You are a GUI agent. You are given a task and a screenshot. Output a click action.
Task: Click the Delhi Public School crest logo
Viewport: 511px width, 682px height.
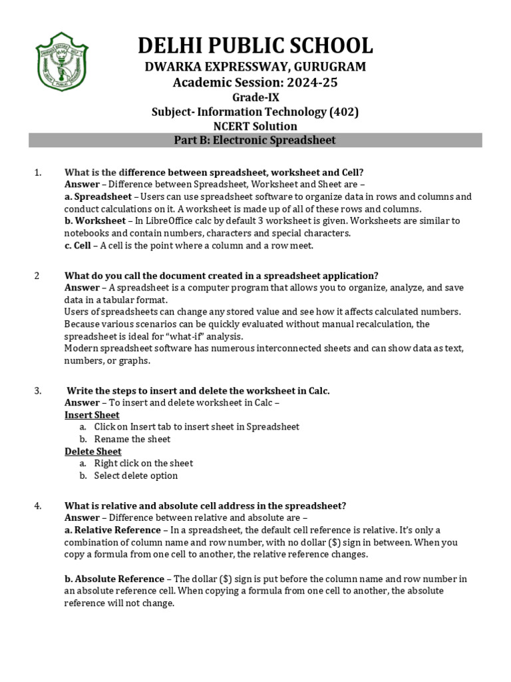(x=61, y=63)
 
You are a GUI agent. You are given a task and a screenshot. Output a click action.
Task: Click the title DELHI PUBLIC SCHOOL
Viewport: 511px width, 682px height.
(x=255, y=45)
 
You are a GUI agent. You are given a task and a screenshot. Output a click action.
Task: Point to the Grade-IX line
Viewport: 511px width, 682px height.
(x=255, y=97)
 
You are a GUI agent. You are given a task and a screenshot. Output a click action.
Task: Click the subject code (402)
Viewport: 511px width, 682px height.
(x=344, y=112)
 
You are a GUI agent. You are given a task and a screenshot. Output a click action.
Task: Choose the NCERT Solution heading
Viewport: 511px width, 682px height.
(x=255, y=126)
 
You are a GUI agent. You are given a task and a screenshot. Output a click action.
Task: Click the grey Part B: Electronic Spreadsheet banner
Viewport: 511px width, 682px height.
(x=255, y=141)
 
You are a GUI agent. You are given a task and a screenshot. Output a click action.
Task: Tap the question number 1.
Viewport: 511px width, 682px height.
(x=37, y=172)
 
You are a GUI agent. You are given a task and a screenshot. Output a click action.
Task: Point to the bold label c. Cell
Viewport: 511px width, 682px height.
(x=78, y=245)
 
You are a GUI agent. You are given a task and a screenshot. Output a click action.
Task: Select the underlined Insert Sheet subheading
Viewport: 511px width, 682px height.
(x=92, y=415)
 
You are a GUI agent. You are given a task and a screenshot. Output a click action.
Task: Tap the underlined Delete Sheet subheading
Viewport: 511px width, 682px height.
(x=92, y=452)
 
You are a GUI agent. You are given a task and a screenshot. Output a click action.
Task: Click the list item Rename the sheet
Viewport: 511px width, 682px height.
(x=132, y=439)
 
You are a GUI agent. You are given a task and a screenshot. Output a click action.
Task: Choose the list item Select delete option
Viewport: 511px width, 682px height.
(x=136, y=476)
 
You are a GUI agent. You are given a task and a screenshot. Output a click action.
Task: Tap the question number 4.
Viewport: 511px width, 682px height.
(x=37, y=506)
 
